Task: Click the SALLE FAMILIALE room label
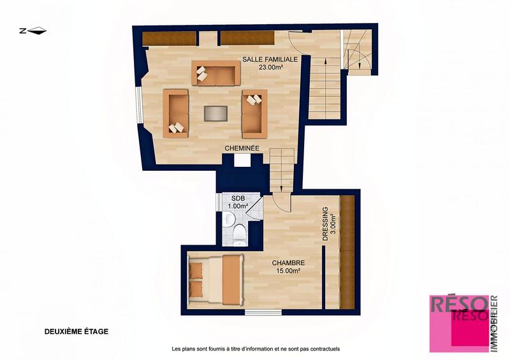pos(270,59)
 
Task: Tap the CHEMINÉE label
pos(242,148)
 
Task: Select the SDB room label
pos(237,198)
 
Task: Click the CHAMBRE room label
pos(288,263)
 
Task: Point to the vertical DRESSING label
pos(324,223)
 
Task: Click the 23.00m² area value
pos(270,67)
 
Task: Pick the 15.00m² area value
pos(288,271)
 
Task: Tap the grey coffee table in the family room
pos(215,113)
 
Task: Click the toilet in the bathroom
pos(240,234)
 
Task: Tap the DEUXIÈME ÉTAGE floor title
pos(76,331)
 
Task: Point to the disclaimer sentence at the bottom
pos(256,349)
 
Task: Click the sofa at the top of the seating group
pos(215,74)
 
